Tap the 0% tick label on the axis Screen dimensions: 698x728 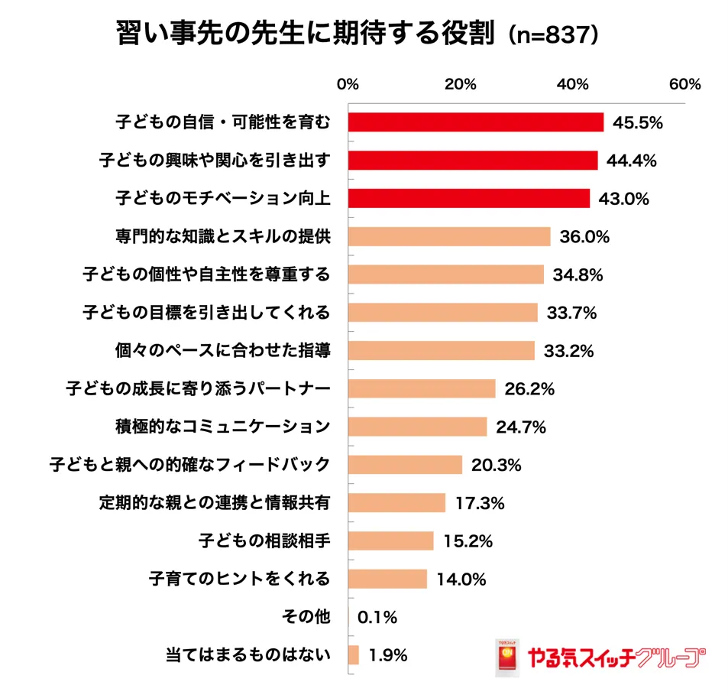click(348, 85)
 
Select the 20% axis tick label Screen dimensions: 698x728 click(461, 85)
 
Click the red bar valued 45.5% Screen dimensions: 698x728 click(476, 122)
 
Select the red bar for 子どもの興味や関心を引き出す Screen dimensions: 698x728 click(473, 161)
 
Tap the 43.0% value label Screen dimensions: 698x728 click(623, 199)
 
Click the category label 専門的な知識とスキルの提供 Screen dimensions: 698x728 click(222, 236)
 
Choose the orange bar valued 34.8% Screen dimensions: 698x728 click(446, 274)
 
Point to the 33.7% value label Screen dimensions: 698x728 click(570, 313)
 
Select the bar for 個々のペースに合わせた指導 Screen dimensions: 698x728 click(442, 350)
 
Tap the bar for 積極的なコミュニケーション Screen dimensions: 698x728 click(418, 427)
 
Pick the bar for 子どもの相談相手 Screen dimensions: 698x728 click(391, 541)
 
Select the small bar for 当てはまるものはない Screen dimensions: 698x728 click(354, 655)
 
